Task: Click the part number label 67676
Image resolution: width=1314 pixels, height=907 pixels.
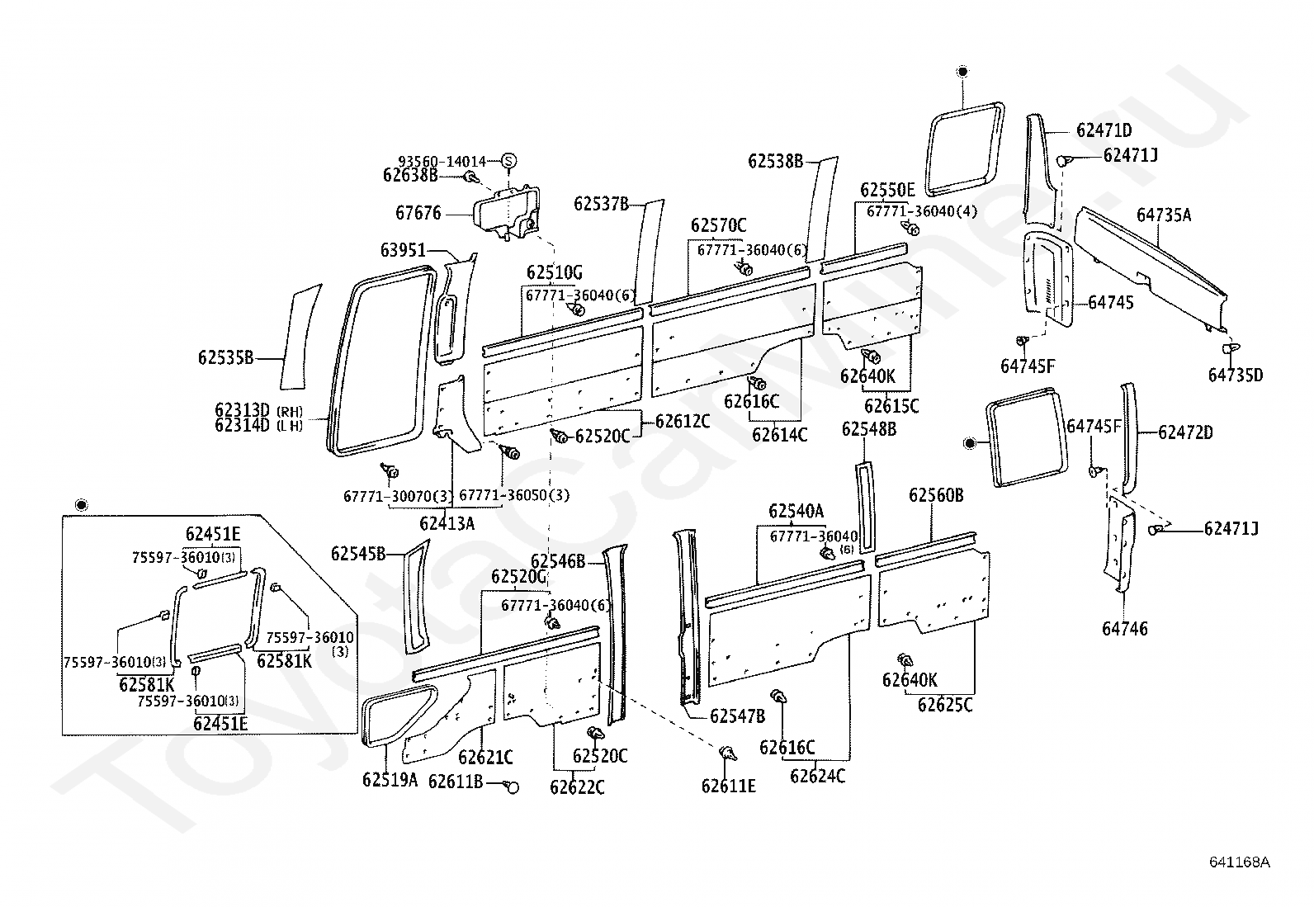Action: [418, 213]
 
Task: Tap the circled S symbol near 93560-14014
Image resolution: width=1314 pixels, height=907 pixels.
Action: [508, 161]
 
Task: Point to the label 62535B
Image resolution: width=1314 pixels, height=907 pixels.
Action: [225, 357]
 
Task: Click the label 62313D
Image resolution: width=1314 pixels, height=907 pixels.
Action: [243, 410]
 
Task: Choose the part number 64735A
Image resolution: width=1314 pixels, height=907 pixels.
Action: [1164, 215]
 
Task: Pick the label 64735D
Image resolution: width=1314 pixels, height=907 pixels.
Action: [1235, 376]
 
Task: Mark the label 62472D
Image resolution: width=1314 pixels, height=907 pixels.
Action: [1185, 432]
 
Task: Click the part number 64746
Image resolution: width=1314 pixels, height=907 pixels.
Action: [1124, 629]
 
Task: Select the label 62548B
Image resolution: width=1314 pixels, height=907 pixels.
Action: [868, 429]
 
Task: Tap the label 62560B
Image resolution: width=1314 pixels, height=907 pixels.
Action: [936, 495]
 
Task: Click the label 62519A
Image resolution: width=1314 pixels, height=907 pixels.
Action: [390, 779]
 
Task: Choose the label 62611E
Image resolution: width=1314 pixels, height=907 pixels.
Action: [728, 786]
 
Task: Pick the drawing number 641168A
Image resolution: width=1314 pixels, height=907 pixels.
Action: [1240, 862]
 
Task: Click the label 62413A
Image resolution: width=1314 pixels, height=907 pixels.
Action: [447, 522]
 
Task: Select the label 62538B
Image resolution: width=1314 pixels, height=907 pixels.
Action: [776, 161]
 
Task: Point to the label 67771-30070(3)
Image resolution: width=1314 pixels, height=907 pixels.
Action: [395, 496]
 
